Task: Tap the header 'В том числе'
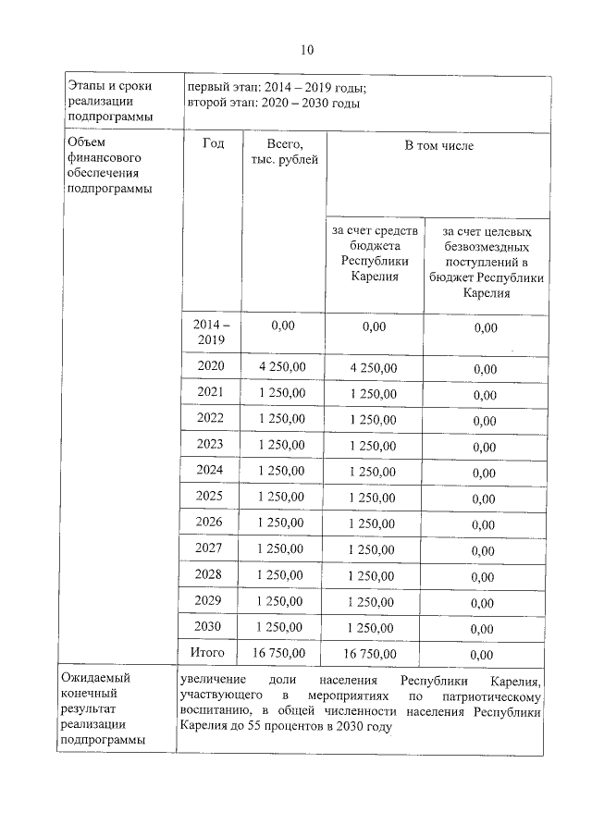437,146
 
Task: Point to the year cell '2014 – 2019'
211,333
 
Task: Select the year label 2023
211,444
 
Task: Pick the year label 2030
211,627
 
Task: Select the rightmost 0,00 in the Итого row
484,655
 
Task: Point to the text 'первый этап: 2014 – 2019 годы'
276,88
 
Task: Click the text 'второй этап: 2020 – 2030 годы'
273,103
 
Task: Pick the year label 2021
211,392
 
